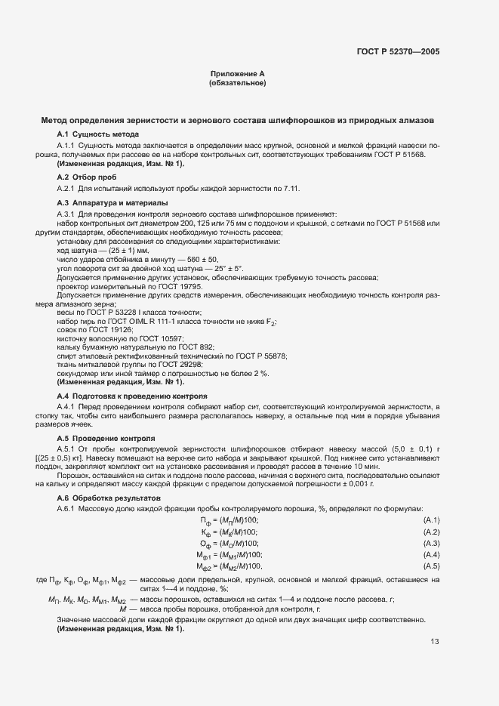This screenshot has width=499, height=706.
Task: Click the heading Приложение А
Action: click(237, 73)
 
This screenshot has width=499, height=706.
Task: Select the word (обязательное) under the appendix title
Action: click(237, 83)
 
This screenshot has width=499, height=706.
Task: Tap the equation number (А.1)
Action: click(432, 520)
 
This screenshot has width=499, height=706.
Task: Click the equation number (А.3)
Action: click(432, 543)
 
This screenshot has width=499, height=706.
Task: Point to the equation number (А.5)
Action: click(432, 566)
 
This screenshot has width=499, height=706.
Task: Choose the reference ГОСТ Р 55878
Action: click(263, 356)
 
